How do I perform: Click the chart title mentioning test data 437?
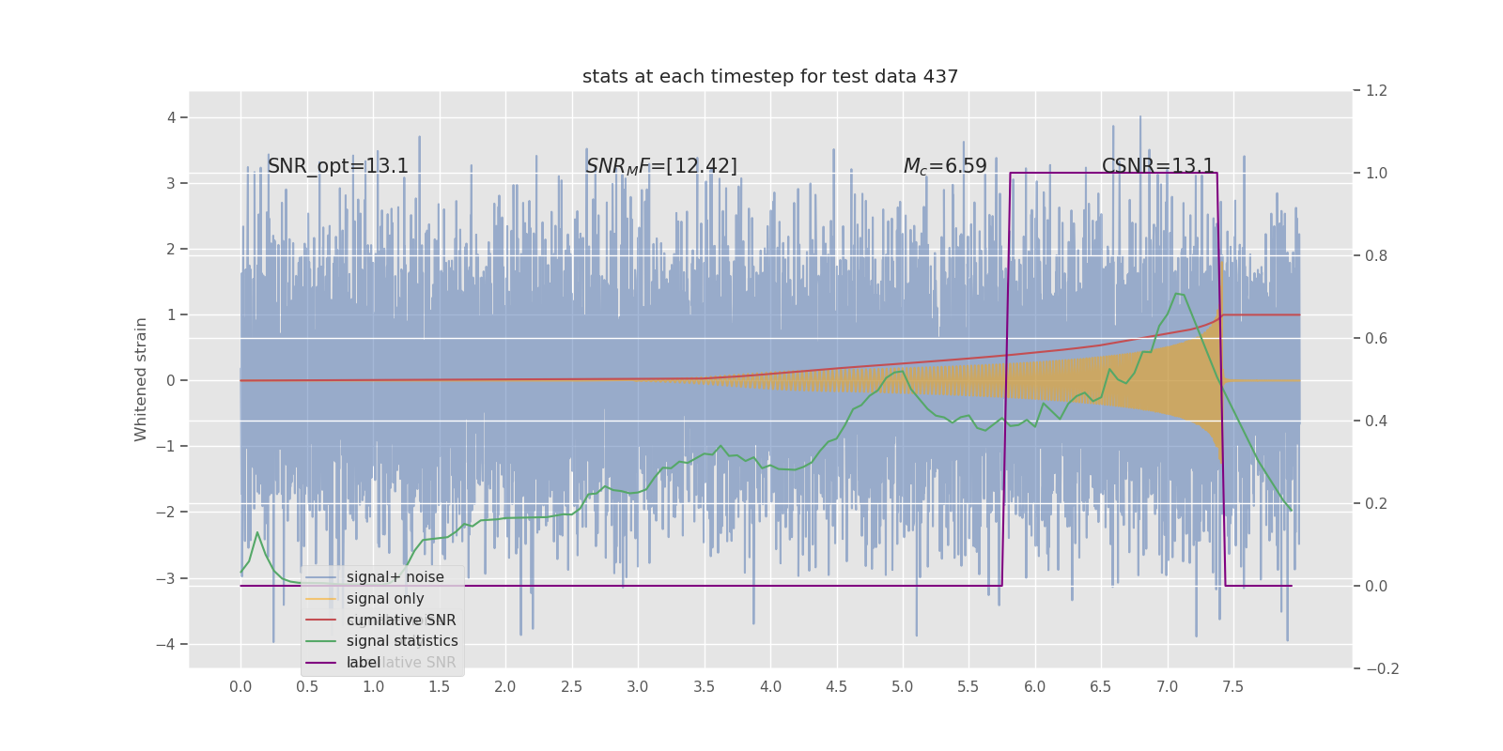pos(770,77)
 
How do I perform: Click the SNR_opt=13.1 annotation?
pos(338,167)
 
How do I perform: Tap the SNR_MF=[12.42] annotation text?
pos(661,167)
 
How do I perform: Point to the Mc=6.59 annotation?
pos(945,167)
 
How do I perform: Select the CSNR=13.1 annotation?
pos(1157,167)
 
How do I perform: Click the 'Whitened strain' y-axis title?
pos(141,379)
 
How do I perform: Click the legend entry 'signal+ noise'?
pos(395,577)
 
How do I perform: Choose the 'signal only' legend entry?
pos(385,599)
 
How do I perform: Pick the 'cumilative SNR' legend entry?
pos(401,621)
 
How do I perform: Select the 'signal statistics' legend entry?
pos(402,641)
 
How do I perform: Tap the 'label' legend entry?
pos(364,663)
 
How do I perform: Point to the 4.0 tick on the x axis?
pos(770,687)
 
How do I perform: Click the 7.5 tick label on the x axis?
pos(1232,687)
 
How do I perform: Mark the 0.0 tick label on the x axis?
pos(240,687)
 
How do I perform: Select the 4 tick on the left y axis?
pos(172,117)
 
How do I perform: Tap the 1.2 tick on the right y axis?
pos(1376,91)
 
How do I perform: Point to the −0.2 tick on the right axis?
pos(1382,668)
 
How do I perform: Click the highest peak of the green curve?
pos(1177,294)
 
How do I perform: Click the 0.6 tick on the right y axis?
pos(1376,338)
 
